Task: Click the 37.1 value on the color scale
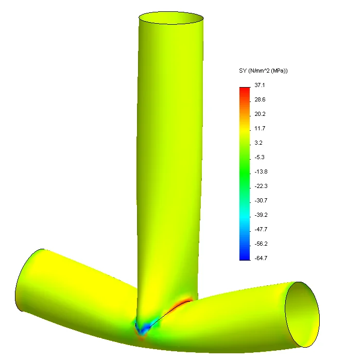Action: (260, 85)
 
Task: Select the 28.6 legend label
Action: (260, 99)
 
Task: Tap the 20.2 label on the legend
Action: (260, 114)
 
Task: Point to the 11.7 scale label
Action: (260, 128)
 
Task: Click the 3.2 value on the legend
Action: (258, 143)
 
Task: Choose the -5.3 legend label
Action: (260, 157)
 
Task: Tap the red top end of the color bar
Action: (245, 90)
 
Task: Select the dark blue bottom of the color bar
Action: (245, 257)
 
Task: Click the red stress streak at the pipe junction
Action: (182, 303)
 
